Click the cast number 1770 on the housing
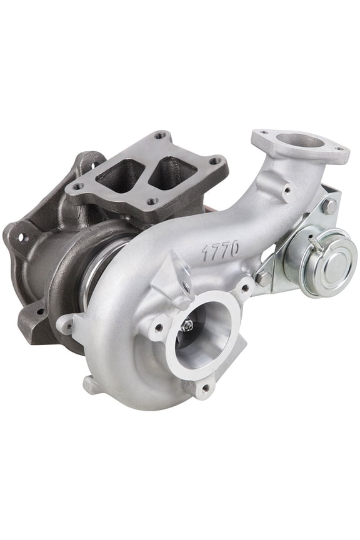pos(220,250)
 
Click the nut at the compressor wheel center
pos(187,326)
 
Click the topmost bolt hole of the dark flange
pos(161,135)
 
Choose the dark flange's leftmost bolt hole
pos(78,186)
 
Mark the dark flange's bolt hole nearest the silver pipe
pos(216,161)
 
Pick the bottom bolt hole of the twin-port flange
pos(151,201)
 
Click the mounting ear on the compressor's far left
pos(67,324)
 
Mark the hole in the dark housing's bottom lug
pos(40,311)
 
